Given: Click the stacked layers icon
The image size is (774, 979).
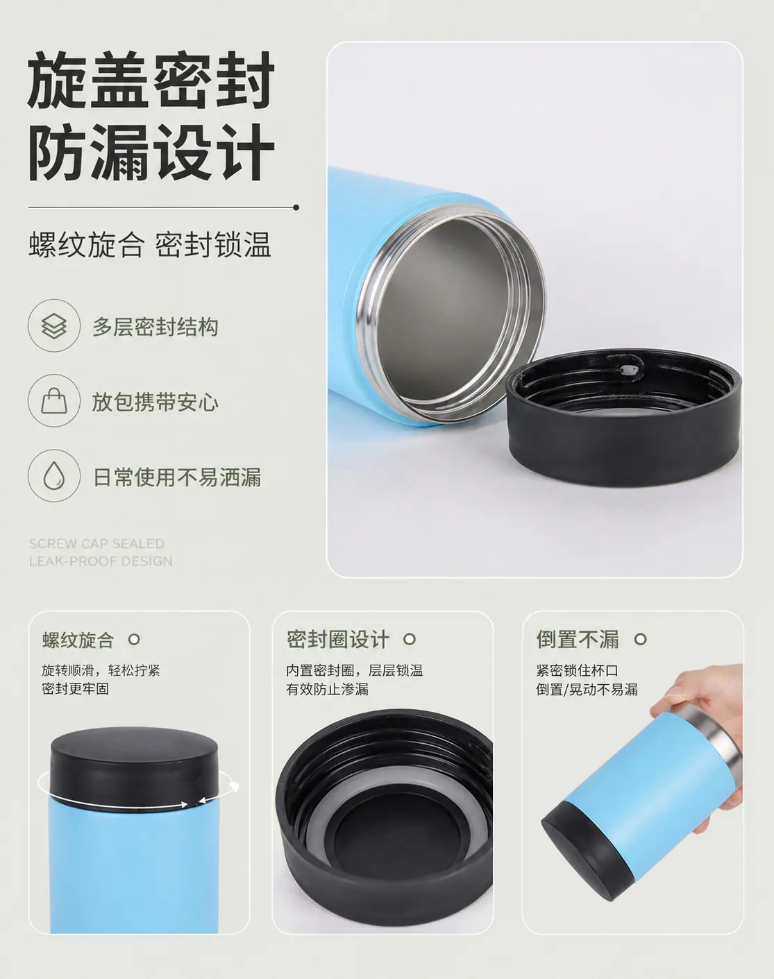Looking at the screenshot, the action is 53,325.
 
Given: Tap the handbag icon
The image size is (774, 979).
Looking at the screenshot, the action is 53,400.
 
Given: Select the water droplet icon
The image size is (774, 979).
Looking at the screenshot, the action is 53,475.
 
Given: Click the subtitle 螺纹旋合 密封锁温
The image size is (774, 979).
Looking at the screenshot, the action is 150,244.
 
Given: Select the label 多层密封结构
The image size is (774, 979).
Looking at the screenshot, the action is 155,327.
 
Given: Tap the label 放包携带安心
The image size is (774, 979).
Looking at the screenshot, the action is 155,402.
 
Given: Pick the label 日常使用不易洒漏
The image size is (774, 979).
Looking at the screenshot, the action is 177,477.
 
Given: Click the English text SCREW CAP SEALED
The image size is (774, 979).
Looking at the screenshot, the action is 96,544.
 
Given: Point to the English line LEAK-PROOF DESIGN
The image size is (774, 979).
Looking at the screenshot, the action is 100,561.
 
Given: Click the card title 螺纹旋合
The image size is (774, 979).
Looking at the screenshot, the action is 78,640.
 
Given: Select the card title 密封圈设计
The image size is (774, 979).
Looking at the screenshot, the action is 337,639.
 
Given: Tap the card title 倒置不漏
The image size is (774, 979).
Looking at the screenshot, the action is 578,639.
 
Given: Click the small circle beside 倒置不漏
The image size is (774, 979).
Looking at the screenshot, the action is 640,639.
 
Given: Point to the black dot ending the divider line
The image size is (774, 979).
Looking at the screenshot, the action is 296,207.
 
